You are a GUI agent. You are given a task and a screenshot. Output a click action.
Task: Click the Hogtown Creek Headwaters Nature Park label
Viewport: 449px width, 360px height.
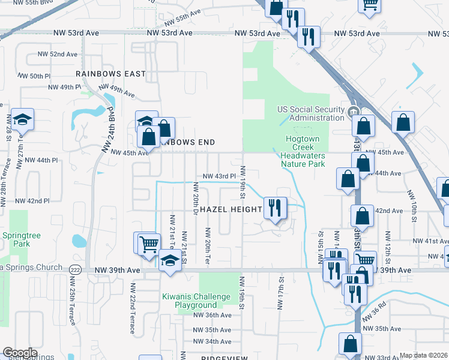pyautogui.click(x=303, y=151)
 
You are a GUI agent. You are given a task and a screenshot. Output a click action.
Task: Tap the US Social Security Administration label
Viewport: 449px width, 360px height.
pyautogui.click(x=311, y=113)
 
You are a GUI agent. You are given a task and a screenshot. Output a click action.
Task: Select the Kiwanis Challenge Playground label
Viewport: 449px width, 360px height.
pyautogui.click(x=196, y=301)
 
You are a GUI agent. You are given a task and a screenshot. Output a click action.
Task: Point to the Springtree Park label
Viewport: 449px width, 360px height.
pyautogui.click(x=21, y=240)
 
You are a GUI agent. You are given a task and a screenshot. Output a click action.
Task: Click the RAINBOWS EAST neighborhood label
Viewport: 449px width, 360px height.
pyautogui.click(x=110, y=74)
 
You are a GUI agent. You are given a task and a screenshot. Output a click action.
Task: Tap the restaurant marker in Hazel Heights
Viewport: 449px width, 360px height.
pyautogui.click(x=276, y=208)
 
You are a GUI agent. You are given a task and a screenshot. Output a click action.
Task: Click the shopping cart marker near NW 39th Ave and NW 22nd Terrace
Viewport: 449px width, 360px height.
pyautogui.click(x=148, y=244)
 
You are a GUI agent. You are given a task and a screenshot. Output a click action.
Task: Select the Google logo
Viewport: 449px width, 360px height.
pyautogui.click(x=20, y=353)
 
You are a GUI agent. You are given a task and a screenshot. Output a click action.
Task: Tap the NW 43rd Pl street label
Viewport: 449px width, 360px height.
pyautogui.click(x=216, y=176)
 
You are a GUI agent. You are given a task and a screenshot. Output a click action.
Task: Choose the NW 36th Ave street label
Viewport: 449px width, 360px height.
pyautogui.click(x=212, y=314)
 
